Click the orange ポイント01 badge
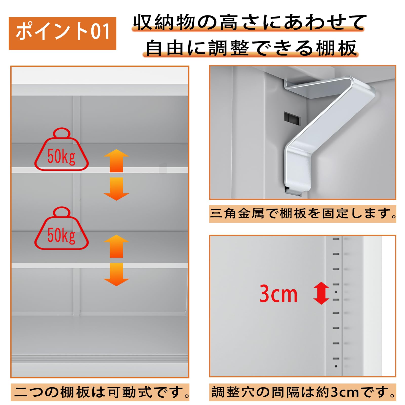tap(62, 33)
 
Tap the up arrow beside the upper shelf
tap(116, 160)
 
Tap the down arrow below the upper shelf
tap(116, 189)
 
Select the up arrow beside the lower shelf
tap(116, 246)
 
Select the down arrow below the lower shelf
tap(116, 274)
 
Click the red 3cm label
tap(278, 294)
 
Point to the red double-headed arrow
tap(321, 293)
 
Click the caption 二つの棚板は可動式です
tap(100, 392)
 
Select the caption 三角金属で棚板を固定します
tap(302, 214)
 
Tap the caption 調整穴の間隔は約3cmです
tap(302, 392)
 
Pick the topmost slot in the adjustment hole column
tap(336, 239)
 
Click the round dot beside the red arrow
tap(336, 292)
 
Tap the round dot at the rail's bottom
tap(336, 366)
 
